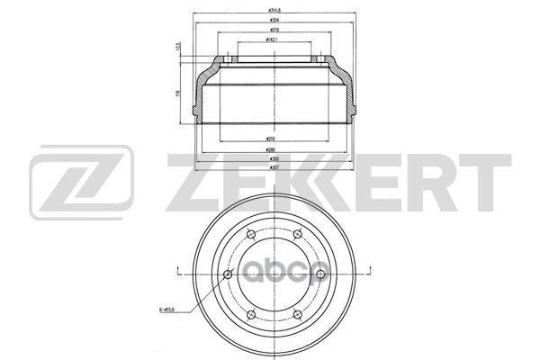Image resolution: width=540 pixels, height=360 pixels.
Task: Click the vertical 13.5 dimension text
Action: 178,49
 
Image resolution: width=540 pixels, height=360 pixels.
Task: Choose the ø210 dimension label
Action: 270,138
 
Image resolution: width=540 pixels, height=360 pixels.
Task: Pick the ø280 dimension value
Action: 270,149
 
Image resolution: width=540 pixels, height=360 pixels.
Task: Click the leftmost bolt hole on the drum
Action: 226,274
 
